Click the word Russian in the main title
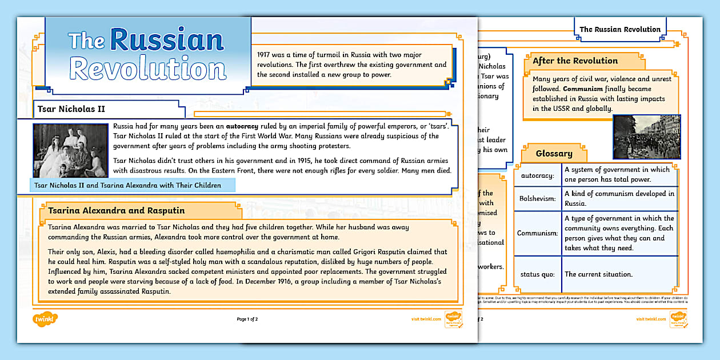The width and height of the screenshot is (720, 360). (x=167, y=40)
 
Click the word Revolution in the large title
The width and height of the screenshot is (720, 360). (x=147, y=69)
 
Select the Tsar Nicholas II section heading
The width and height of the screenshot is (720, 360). (x=71, y=109)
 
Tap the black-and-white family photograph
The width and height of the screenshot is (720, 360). (x=70, y=150)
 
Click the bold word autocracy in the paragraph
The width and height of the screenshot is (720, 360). (x=242, y=126)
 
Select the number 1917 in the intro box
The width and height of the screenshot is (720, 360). (x=263, y=55)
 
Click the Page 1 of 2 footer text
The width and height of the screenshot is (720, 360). (x=247, y=319)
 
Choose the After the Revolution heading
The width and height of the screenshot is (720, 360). (x=575, y=61)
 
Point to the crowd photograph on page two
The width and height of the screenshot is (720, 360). (x=646, y=137)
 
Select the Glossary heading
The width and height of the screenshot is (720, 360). (x=554, y=153)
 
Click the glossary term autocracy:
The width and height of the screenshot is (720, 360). (x=537, y=175)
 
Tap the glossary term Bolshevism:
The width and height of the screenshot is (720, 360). (x=537, y=198)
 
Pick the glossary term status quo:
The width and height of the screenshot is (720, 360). (x=537, y=274)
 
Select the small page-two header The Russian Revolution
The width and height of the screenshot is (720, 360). (x=620, y=30)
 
